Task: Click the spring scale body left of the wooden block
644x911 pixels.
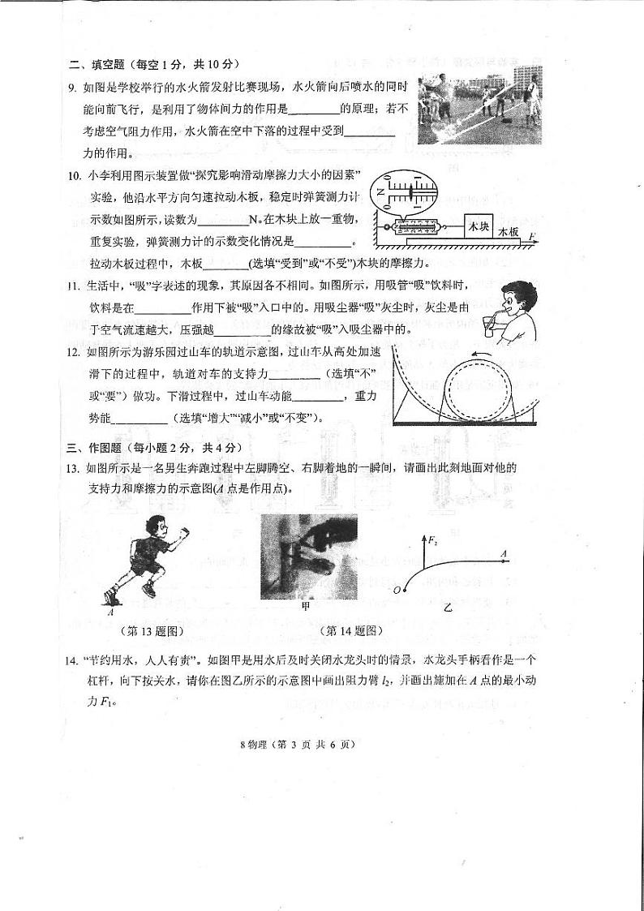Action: (x=417, y=229)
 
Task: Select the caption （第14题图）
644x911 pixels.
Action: (x=350, y=630)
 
